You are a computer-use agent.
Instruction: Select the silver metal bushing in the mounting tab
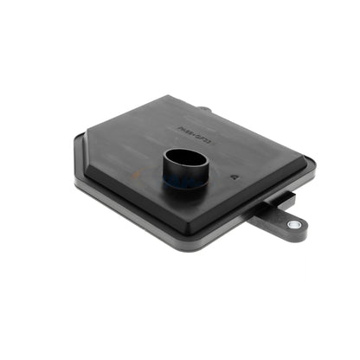(x=294, y=224)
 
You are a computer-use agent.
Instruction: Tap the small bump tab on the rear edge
(x=203, y=110)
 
